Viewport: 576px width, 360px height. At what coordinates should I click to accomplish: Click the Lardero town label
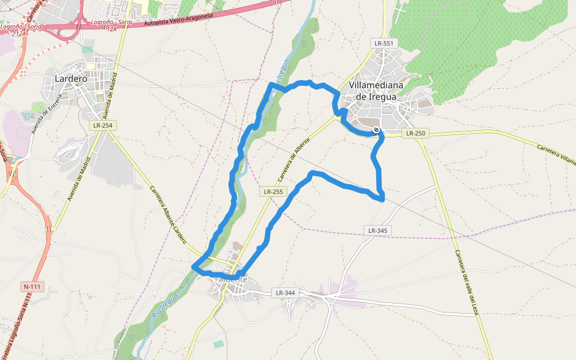[71, 79]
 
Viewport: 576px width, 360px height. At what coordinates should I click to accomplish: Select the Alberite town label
[233, 280]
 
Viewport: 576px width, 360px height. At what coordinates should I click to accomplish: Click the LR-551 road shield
[383, 43]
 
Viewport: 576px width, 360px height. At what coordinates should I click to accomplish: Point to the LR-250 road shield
[415, 133]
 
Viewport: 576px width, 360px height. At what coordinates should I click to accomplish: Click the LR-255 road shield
[273, 192]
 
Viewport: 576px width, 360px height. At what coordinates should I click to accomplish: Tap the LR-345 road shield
[377, 230]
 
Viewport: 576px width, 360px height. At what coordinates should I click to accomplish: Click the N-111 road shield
[33, 287]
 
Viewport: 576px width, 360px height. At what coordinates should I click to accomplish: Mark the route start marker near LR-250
[376, 130]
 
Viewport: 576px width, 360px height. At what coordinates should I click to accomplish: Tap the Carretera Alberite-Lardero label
[168, 217]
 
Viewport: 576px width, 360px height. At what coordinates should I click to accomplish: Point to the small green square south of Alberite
[218, 344]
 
